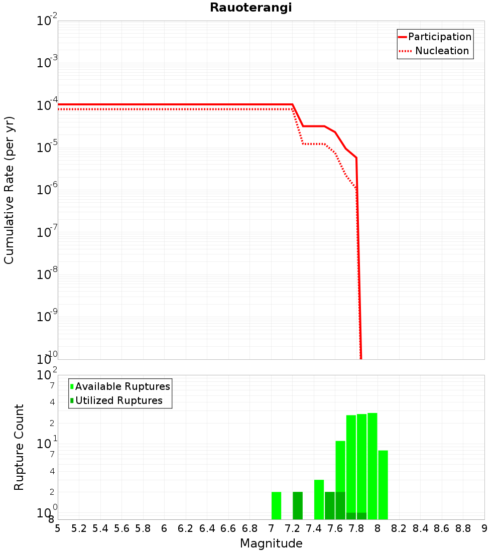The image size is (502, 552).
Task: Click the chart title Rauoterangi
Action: pyautogui.click(x=250, y=8)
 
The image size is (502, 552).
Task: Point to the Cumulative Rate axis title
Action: pyautogui.click(x=9, y=190)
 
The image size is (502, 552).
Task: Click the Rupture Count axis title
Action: pyautogui.click(x=19, y=447)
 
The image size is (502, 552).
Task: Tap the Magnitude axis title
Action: pyautogui.click(x=271, y=543)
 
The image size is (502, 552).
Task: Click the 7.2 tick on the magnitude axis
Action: pyautogui.click(x=292, y=528)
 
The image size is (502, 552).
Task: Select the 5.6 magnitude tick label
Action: pyautogui.click(x=121, y=528)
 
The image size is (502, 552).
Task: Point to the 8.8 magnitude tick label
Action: pyautogui.click(x=463, y=528)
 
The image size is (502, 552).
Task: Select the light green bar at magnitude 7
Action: pyautogui.click(x=276, y=506)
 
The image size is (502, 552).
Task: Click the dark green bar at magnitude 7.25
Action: pyautogui.click(x=298, y=506)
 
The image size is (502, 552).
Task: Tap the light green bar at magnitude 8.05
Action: pyautogui.click(x=383, y=485)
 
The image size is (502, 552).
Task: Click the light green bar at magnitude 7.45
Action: pyautogui.click(x=319, y=500)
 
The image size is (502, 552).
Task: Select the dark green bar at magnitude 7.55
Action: pyautogui.click(x=330, y=506)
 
